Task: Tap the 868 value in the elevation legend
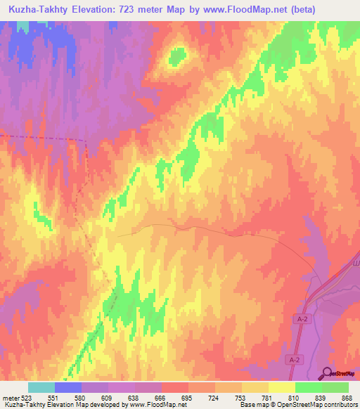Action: click(347, 397)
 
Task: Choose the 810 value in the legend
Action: click(293, 397)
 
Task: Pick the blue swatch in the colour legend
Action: click(68, 387)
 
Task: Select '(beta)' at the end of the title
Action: click(295, 10)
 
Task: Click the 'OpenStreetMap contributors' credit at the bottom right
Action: click(314, 405)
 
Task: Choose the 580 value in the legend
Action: click(79, 397)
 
